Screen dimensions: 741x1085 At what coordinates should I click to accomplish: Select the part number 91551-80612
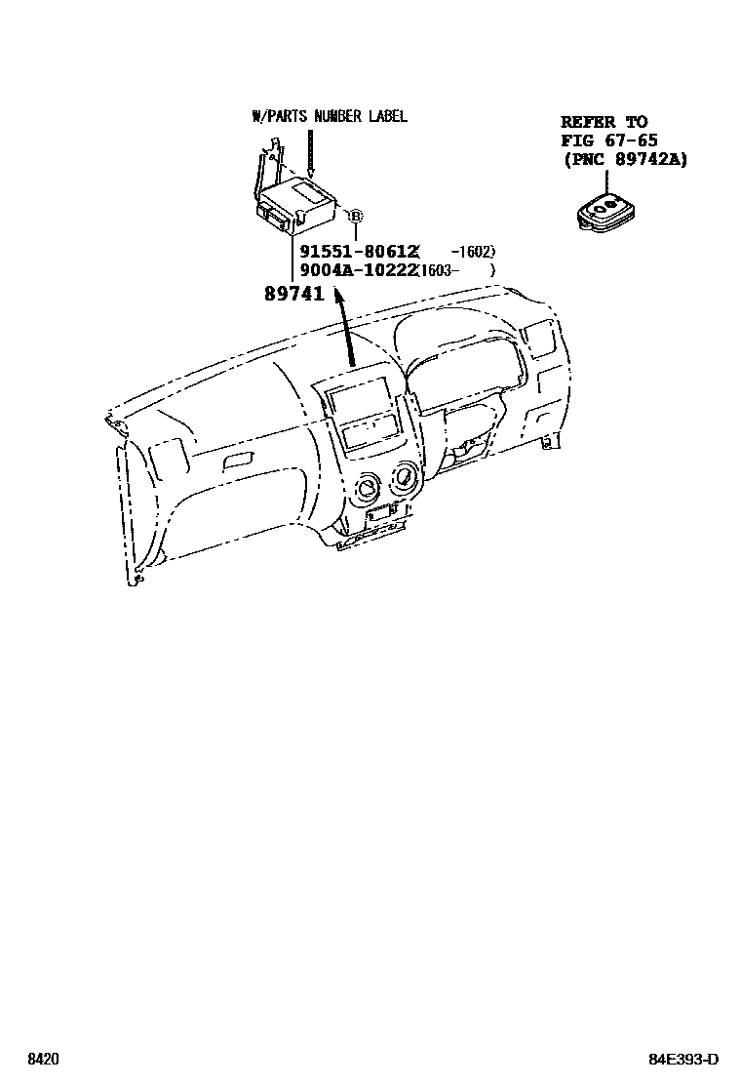click(x=352, y=252)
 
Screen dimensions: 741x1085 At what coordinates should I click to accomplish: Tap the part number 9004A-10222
click(x=352, y=270)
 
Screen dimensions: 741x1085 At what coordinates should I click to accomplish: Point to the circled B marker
click(x=356, y=217)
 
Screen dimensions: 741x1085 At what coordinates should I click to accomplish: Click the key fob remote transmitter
click(x=604, y=212)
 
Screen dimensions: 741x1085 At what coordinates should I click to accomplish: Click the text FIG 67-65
click(x=608, y=141)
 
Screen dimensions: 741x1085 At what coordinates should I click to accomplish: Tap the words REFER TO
click(x=604, y=122)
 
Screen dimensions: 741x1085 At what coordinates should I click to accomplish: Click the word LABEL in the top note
click(x=387, y=116)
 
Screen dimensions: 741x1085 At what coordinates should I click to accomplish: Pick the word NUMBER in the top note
click(x=337, y=116)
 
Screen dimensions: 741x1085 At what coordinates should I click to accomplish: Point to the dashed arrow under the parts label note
click(x=308, y=151)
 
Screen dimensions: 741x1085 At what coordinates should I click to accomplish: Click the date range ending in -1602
click(x=474, y=252)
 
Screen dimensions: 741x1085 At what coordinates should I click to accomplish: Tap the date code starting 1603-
click(x=441, y=270)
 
